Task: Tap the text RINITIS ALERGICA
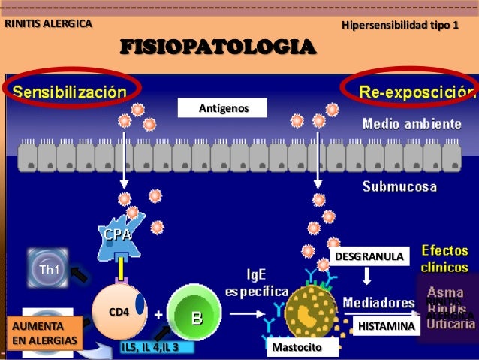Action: (49, 23)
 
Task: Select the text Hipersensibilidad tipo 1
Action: (399, 26)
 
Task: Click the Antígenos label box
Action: (222, 110)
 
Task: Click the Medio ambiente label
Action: (411, 123)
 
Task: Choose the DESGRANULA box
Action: (368, 257)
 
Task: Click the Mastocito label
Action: (296, 348)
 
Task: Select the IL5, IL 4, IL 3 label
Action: (150, 348)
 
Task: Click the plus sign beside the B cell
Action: (159, 316)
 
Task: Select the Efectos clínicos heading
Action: (445, 257)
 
